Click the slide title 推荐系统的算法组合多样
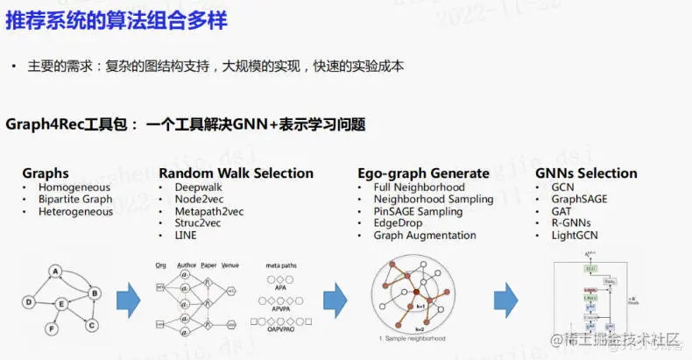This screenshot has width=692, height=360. pos(116,20)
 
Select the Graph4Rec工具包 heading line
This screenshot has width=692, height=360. pos(185,124)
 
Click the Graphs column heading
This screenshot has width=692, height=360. pos(46,173)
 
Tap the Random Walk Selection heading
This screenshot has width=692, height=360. pos(236,173)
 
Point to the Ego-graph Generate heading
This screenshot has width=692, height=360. pos(423,173)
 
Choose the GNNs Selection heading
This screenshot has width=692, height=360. pos(586,173)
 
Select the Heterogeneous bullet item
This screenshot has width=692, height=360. pos(75,211)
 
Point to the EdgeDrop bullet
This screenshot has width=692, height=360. pos(399,223)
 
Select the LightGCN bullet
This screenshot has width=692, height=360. pos(578,235)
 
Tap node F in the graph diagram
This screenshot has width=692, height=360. pos(51,330)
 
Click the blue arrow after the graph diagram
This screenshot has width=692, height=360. pos(129,300)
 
